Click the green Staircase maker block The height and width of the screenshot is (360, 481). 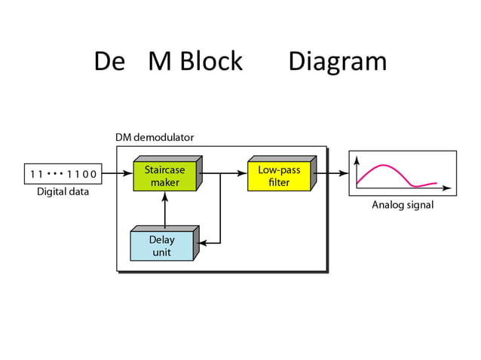[164, 176]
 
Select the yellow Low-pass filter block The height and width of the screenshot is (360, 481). [278, 176]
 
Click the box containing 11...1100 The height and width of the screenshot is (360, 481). [63, 174]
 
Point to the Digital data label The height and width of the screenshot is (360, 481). [63, 192]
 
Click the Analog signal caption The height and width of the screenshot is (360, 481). [403, 205]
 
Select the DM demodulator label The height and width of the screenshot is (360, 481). [155, 138]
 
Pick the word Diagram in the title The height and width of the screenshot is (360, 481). [337, 62]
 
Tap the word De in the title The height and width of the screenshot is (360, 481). [109, 62]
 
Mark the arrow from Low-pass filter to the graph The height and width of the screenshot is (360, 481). [332, 173]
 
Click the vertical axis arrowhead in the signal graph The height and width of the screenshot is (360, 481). [357, 160]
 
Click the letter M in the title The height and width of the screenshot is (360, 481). [160, 62]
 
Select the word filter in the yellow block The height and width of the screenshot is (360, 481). [278, 182]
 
